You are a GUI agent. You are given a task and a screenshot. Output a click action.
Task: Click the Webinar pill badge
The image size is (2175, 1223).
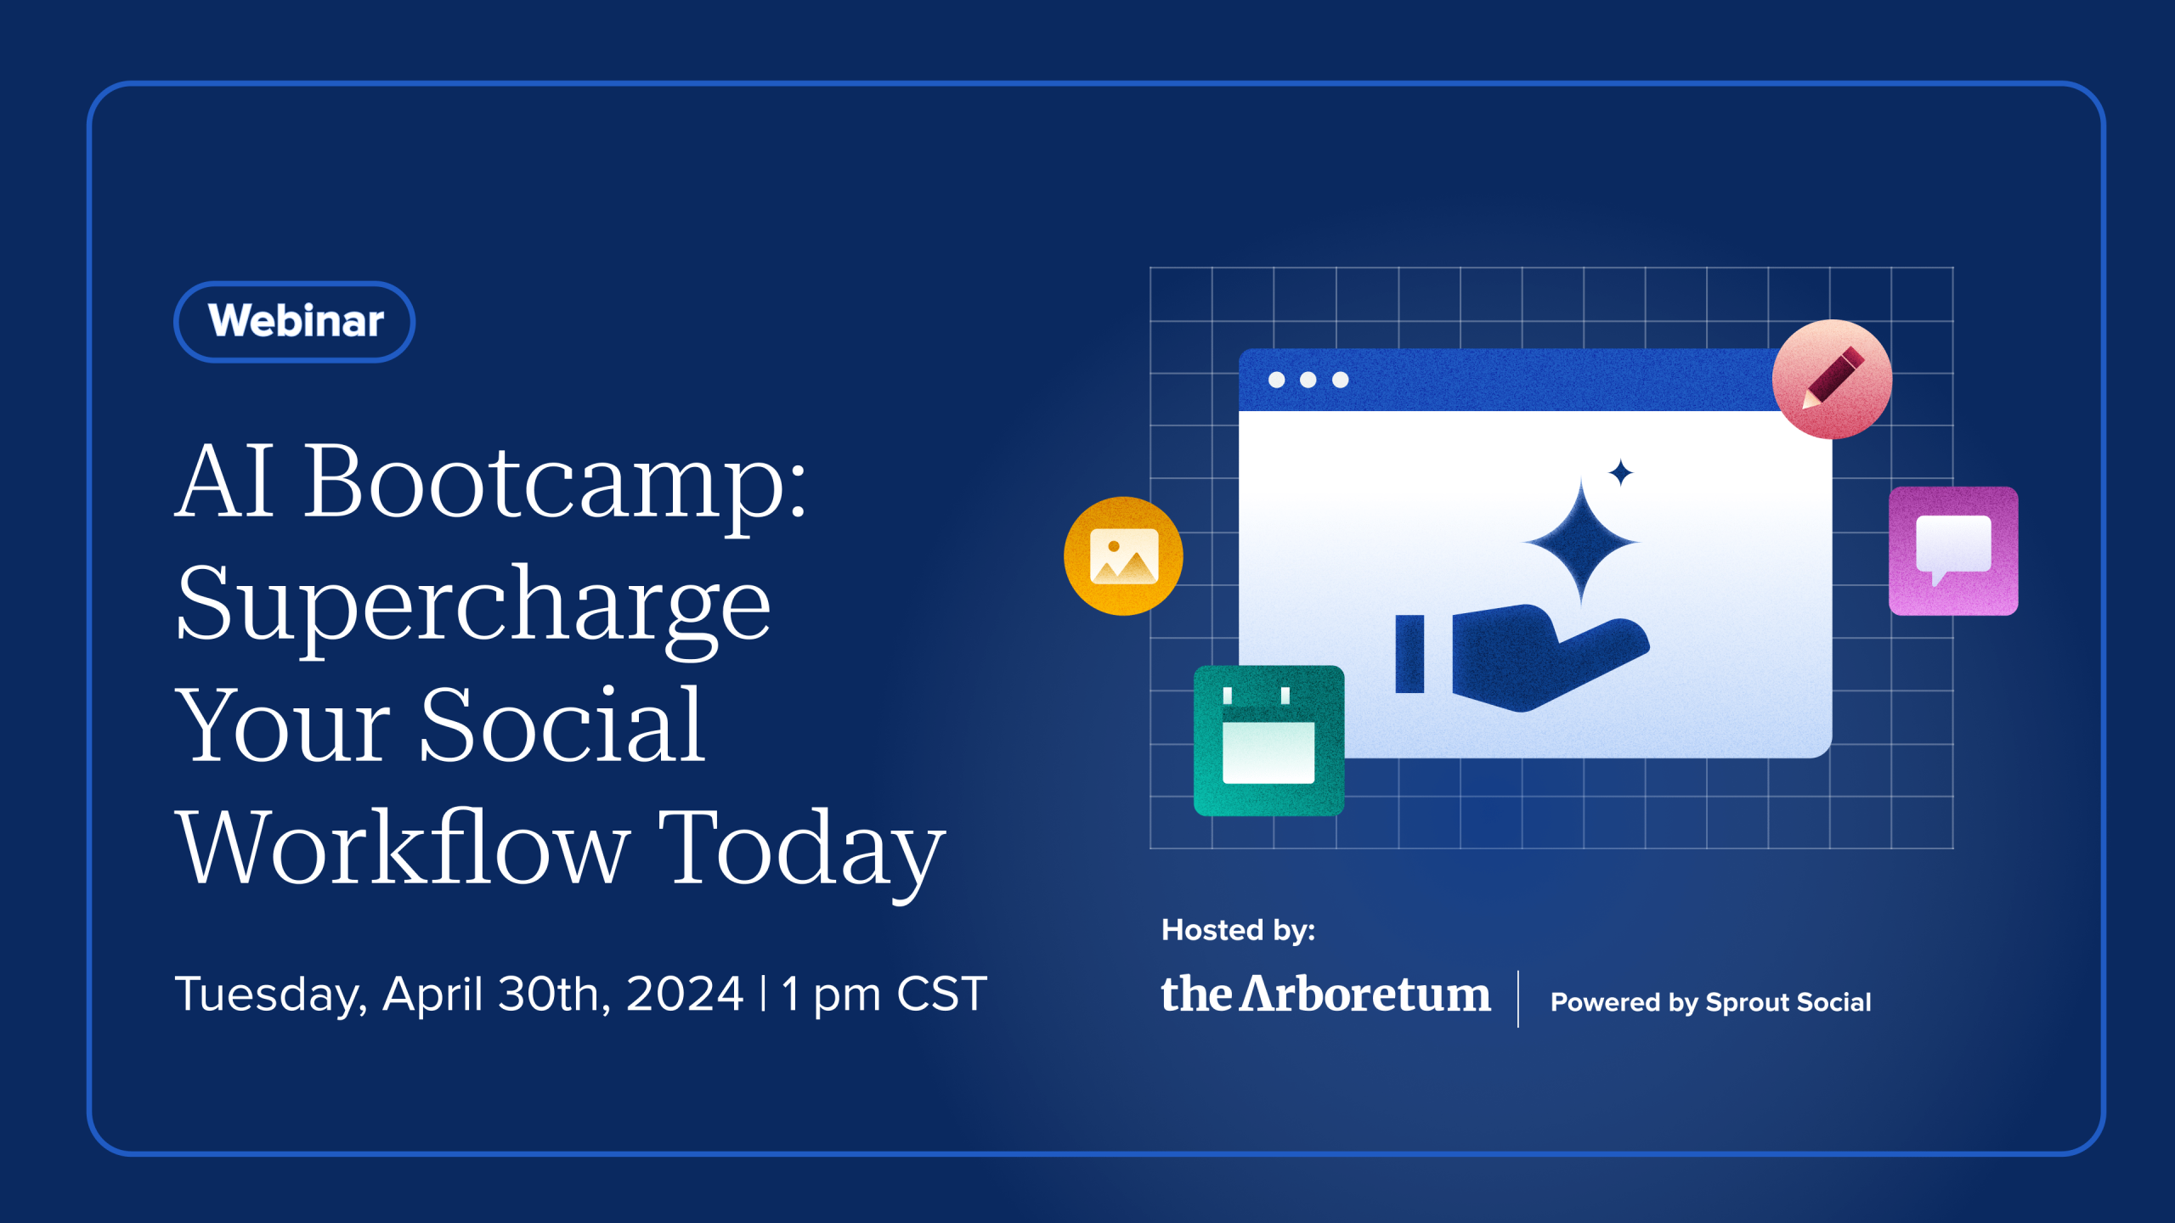294,322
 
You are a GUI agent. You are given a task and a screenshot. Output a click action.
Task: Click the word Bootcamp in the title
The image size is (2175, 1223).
554,482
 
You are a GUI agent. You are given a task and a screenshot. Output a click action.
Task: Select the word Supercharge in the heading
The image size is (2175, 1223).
472,605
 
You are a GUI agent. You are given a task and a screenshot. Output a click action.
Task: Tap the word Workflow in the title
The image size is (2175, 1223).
402,848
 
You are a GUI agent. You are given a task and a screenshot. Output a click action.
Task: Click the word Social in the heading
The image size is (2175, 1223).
561,726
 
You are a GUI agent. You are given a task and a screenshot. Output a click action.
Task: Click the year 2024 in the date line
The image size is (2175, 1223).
684,994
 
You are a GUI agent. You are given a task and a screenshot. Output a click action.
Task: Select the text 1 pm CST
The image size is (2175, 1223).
884,994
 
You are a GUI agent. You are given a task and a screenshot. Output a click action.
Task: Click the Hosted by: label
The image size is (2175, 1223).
1238,930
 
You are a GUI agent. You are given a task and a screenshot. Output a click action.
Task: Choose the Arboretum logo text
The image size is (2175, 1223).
1325,995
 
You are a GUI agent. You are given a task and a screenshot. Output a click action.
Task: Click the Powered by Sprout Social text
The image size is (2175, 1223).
1710,1002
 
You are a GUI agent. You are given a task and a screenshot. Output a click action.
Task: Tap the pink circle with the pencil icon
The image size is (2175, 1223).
1832,380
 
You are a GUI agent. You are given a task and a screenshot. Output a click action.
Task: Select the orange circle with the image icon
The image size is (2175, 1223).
1123,556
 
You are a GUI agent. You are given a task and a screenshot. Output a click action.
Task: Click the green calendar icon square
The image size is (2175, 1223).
1268,741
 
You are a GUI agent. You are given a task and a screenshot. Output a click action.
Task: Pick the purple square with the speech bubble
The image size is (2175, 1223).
1952,551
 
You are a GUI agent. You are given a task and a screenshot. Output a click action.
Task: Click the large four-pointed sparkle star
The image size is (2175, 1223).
1580,541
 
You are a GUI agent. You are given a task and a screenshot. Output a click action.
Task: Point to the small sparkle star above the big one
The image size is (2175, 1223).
1621,472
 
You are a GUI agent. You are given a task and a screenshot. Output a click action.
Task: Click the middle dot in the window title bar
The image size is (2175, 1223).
1308,380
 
